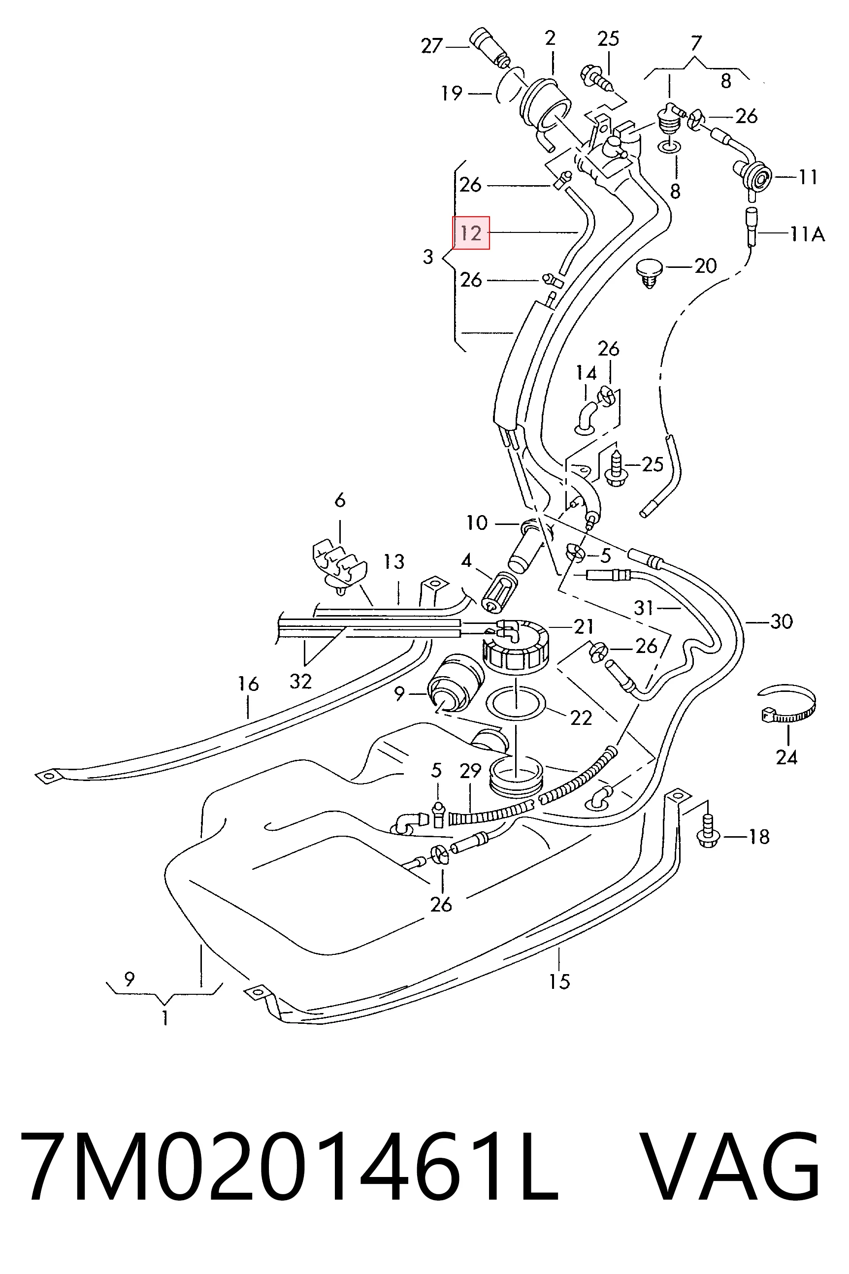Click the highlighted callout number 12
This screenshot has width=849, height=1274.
pos(470,233)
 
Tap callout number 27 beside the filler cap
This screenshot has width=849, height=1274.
pos(432,46)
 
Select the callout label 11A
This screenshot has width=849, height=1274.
pos(807,234)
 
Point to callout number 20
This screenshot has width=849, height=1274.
pos(705,266)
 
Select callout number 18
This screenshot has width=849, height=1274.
pos(758,837)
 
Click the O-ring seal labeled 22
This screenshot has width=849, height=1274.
pos(517,705)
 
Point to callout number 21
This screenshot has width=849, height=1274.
pos(583,626)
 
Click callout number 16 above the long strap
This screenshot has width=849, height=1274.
pos(248,684)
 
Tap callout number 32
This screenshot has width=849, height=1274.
pos(300,681)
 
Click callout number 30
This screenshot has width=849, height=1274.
pos(782,622)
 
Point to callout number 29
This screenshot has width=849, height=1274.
pos(470,771)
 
